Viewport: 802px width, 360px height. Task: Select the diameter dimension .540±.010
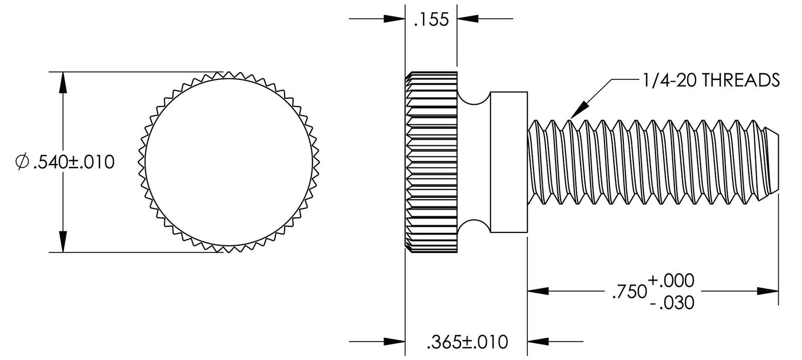[66, 162]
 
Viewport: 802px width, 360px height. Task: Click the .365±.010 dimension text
[467, 342]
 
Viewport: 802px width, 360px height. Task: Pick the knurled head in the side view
[431, 162]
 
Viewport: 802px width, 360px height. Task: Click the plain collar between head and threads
[508, 162]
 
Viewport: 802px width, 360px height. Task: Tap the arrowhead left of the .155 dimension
[395, 19]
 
